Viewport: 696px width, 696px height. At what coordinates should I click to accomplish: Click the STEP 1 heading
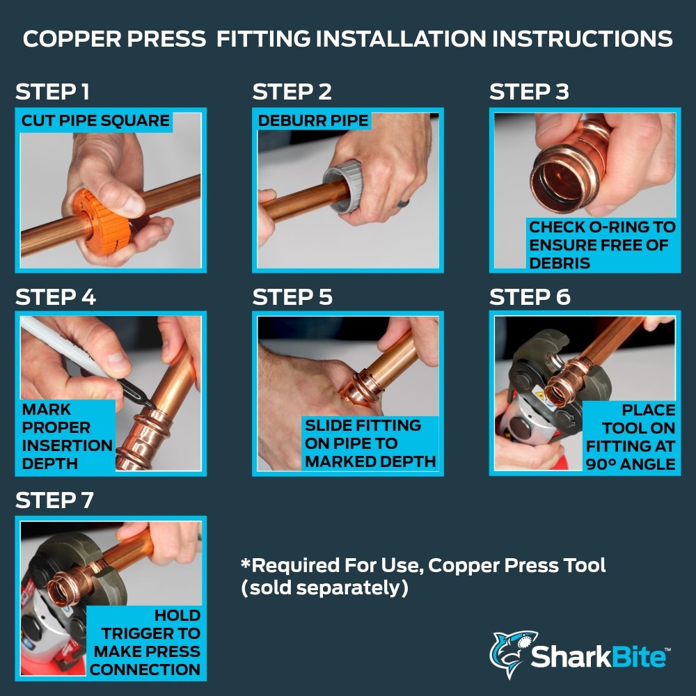coord(52,92)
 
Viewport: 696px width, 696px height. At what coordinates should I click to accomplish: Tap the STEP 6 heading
coord(530,297)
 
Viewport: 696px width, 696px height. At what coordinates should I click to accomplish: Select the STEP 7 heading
coord(54,500)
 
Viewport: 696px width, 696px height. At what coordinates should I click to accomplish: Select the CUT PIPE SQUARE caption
coord(95,120)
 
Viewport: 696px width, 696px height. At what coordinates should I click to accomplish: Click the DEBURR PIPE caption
coord(313,120)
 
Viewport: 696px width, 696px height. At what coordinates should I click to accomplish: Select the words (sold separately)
coord(324,588)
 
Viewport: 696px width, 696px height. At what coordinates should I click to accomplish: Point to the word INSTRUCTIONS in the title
coord(583,39)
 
